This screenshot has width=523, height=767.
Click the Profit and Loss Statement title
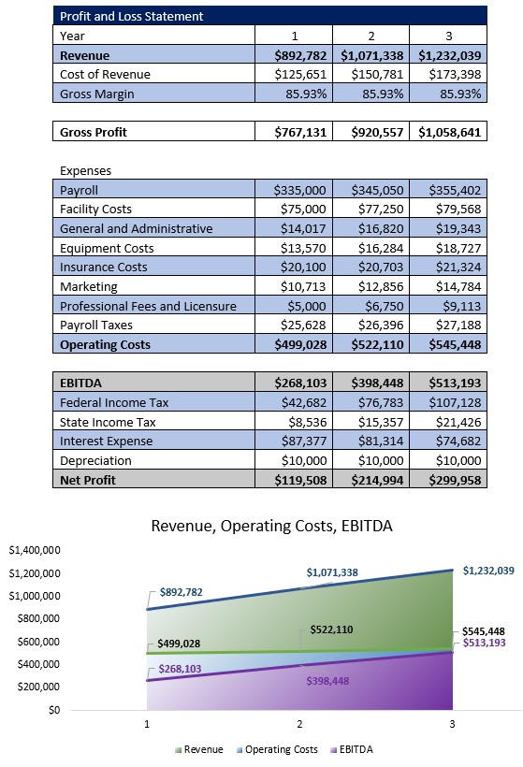tap(131, 16)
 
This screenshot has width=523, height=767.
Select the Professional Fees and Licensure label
tap(148, 306)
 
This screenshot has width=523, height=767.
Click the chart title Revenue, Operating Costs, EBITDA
tap(271, 526)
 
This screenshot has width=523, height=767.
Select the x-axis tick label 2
tap(299, 723)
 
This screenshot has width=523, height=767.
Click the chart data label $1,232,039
tap(488, 570)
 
